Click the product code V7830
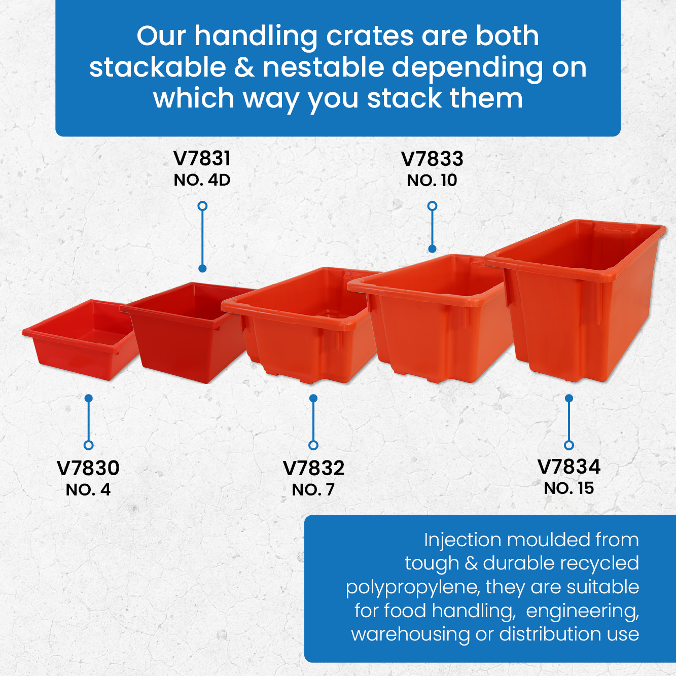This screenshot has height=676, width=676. coord(88,468)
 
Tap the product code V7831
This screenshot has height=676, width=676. coord(202,159)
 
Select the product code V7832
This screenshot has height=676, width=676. coord(313,468)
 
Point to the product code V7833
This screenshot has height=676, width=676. coord(432,159)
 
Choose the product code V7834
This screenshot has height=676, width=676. coord(569,467)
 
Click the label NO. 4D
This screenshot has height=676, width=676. coord(202,181)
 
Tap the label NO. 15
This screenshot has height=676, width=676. coord(569,488)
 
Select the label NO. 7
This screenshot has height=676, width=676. coord(313,490)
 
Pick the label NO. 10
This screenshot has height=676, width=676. coord(432,181)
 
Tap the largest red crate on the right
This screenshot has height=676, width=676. coord(575,300)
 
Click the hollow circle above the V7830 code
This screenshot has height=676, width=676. coord(89,445)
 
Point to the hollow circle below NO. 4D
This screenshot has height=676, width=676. coord(202,206)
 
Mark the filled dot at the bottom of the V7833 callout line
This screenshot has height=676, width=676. coord(433,248)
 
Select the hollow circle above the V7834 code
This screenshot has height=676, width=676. coord(569,445)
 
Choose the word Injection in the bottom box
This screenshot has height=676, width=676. coord(462,540)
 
